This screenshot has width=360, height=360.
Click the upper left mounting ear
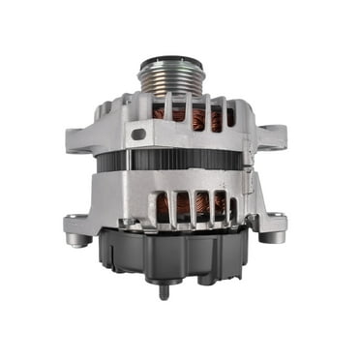tap(79, 134)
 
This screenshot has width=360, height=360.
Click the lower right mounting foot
tap(272, 229)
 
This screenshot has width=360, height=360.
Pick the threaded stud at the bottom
tap(164, 289)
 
